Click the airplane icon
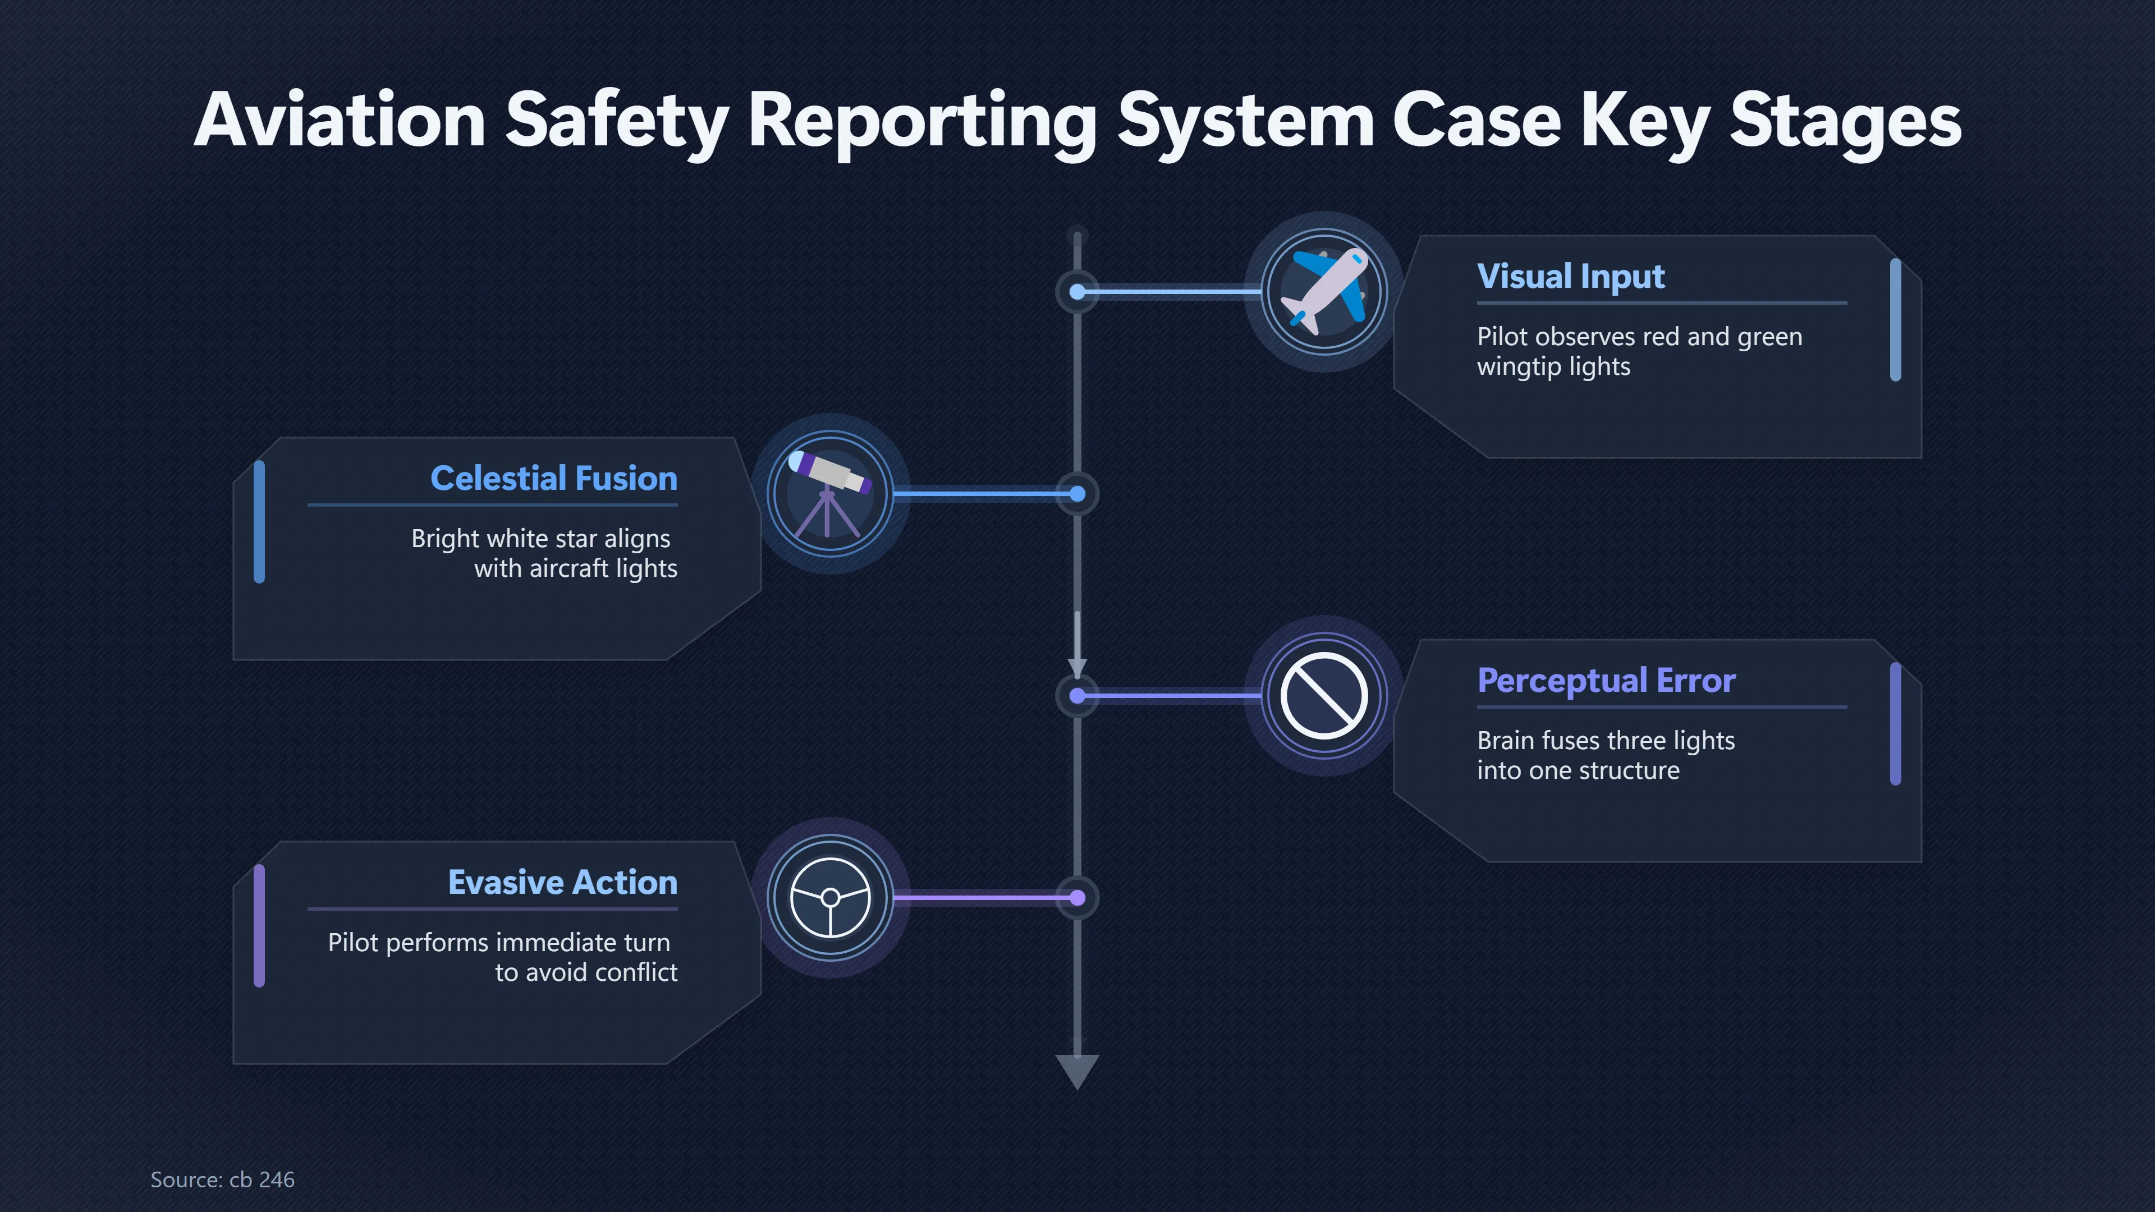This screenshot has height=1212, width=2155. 1324,291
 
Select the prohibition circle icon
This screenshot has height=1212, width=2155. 1324,695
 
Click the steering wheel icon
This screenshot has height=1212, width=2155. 830,898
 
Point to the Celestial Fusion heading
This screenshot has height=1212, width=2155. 554,479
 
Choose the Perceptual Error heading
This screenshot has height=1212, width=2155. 1606,681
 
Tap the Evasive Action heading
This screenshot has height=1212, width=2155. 563,883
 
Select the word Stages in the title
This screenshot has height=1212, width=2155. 1845,121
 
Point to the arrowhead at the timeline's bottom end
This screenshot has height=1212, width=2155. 1077,1072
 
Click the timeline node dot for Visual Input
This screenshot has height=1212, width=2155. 1077,292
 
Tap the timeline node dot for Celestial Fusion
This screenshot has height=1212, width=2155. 1077,494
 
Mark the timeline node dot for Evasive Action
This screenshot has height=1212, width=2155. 1077,898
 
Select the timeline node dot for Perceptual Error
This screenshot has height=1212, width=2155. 1077,696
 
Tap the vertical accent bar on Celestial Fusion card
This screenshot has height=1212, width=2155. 259,521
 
